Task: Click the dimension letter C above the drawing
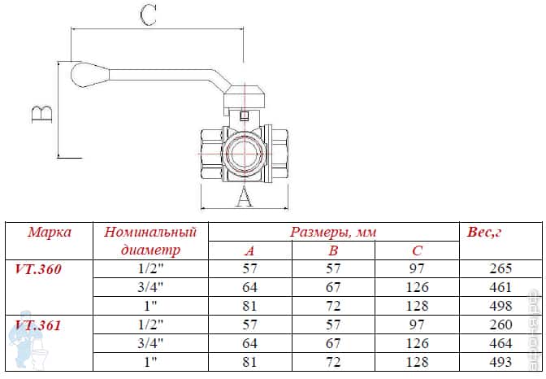point(148,15)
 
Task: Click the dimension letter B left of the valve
point(42,114)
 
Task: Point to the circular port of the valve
point(244,154)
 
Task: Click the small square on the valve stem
point(245,115)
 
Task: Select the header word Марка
point(50,233)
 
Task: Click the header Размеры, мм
point(333,233)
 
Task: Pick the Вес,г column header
point(484,233)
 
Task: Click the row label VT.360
point(38,269)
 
